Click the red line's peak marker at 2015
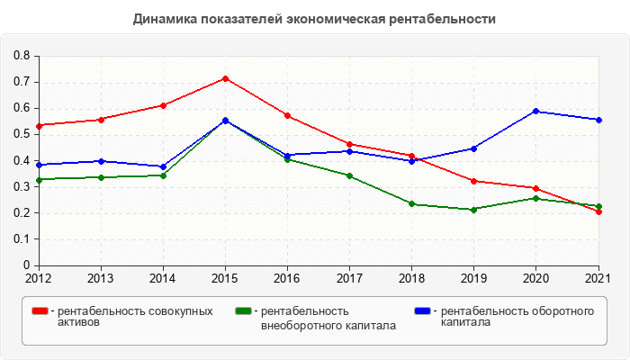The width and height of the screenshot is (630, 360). coord(225,78)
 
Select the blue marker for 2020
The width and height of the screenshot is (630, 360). coord(536,111)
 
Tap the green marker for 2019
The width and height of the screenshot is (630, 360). coord(473,210)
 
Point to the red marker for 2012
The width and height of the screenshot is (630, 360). coord(39,125)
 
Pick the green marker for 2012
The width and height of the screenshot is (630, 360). coord(39,179)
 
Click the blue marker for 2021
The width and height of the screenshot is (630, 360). coord(598,120)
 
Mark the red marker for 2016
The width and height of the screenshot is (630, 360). coord(287,115)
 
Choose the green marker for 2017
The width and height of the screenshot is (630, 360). coord(349,175)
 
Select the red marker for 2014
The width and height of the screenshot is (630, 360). coord(163,105)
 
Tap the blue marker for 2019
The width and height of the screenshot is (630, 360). coord(473,148)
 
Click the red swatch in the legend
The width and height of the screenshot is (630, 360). coord(40,311)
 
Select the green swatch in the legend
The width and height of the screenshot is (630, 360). coord(242,311)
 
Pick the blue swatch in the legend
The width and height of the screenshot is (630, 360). coord(422,311)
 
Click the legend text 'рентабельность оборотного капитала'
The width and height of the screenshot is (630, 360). coord(517,317)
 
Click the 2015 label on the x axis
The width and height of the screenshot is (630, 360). coord(225,278)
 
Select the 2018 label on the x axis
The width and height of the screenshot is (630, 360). coord(411,278)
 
